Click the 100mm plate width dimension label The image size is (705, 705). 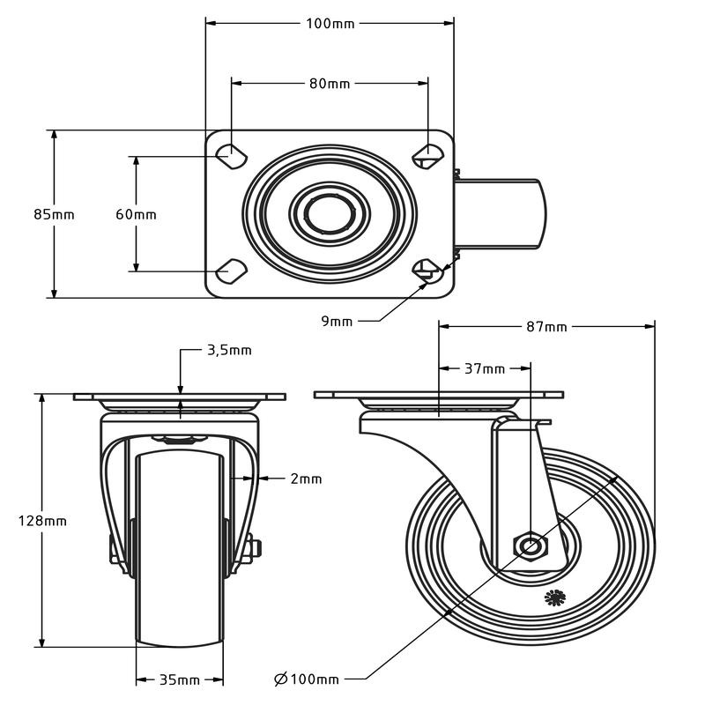(330, 24)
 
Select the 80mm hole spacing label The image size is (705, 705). (330, 84)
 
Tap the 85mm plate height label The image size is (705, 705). (54, 214)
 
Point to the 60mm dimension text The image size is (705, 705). (136, 214)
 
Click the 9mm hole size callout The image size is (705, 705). (337, 321)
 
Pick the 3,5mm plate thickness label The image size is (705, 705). (229, 350)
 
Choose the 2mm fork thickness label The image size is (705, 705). (306, 479)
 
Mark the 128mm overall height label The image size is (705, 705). (42, 521)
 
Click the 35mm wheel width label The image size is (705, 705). (180, 679)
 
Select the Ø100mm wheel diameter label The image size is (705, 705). (306, 679)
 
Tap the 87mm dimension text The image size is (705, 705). (546, 326)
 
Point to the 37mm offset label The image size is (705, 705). (485, 369)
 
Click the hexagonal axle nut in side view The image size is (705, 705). (531, 546)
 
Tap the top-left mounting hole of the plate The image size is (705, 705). (231, 156)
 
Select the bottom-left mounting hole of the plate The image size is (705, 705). (231, 271)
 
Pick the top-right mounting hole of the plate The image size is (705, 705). (428, 156)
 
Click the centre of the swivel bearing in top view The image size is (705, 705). (330, 213)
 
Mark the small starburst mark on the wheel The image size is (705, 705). (555, 597)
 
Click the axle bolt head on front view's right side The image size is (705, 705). (256, 549)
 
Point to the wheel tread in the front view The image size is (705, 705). (180, 550)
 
